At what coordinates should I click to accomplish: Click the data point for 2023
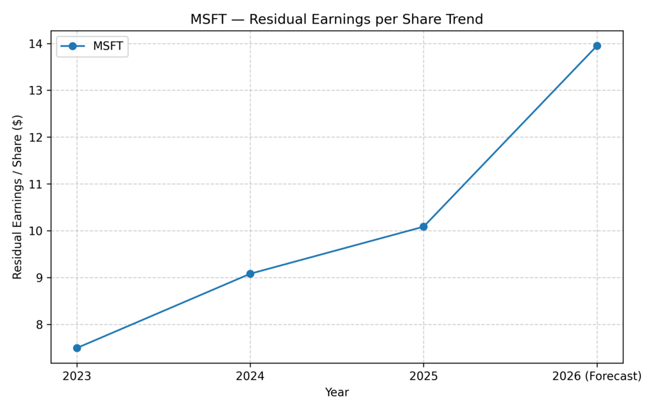[77, 348]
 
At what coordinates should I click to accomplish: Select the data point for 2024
[250, 274]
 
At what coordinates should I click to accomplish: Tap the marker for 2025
[423, 227]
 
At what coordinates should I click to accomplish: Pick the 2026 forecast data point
[597, 46]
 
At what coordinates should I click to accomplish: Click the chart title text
[336, 20]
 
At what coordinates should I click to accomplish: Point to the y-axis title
[17, 197]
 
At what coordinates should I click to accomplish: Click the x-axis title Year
[337, 392]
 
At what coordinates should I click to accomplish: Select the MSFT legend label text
[108, 46]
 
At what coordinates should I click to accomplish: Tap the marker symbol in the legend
[73, 46]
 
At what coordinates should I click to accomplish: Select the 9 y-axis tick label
[40, 278]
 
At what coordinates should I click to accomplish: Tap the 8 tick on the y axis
[40, 325]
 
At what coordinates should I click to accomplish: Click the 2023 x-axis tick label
[77, 376]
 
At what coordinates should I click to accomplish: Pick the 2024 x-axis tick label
[250, 376]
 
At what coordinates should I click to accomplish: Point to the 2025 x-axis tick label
[423, 376]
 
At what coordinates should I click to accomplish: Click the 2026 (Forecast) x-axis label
[597, 376]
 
